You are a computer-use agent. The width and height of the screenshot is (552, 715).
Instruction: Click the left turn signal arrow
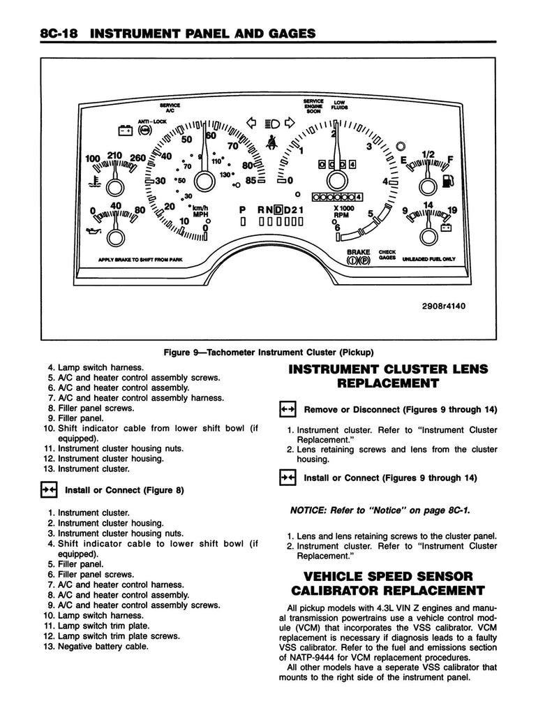[x=253, y=124]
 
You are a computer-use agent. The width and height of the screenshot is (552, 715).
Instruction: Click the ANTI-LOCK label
[x=149, y=120]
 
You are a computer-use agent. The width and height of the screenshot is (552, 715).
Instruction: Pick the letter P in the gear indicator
[x=242, y=209]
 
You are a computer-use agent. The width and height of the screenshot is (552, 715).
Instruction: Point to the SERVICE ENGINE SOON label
[x=313, y=105]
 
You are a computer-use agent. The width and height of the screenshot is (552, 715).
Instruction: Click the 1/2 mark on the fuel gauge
[x=428, y=154]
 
